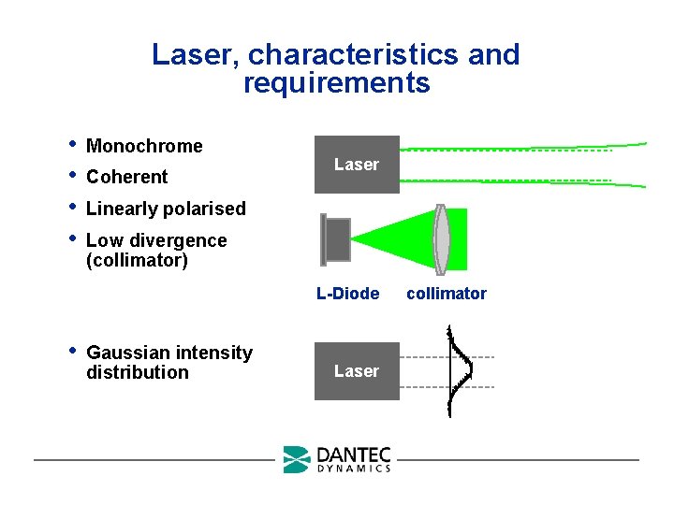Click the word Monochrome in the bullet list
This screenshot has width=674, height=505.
pos(144,146)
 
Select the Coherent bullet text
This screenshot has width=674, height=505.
pos(126,177)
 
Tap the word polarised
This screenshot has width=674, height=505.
pos(202,209)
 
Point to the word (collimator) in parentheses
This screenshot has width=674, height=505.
pos(137,260)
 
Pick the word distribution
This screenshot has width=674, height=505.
pos(137,372)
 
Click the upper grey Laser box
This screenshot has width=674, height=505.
pos(357,165)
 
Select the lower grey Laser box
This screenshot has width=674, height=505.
pos(357,371)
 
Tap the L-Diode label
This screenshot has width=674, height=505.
pos(347,294)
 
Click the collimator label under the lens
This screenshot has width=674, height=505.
pos(447,294)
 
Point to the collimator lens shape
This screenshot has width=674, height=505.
pos(442,238)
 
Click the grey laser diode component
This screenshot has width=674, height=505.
pos(335,239)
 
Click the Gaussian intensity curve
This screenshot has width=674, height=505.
pos(460,369)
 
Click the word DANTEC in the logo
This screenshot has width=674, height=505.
pos(354,454)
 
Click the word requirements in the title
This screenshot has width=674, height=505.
pos(336,83)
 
